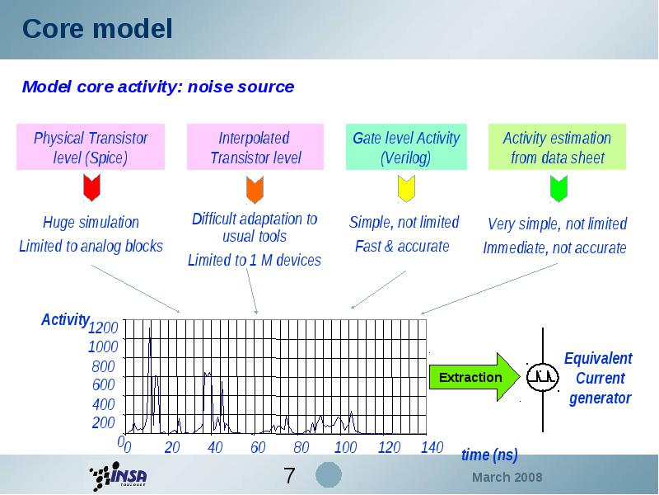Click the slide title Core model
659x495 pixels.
coord(97,29)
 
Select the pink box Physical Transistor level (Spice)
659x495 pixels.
coord(91,147)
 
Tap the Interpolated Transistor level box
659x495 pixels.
coord(255,147)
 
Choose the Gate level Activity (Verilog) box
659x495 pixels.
coord(406,147)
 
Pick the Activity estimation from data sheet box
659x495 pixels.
coord(557,147)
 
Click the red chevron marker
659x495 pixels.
coord(91,188)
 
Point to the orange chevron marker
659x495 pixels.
coord(255,190)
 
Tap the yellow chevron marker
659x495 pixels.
coord(406,189)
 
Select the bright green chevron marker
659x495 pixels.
coord(559,189)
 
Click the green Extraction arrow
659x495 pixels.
coord(474,377)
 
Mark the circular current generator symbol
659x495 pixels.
coord(543,377)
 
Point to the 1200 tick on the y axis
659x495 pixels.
coord(103,327)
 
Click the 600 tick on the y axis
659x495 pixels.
coord(104,384)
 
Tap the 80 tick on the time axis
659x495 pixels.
coord(301,447)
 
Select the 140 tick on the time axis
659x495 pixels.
coord(432,447)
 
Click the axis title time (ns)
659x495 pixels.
coord(489,455)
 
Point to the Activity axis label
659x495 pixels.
coord(65,320)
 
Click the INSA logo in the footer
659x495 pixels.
coord(118,476)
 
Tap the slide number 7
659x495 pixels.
coord(290,476)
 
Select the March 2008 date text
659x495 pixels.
coord(507,478)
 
